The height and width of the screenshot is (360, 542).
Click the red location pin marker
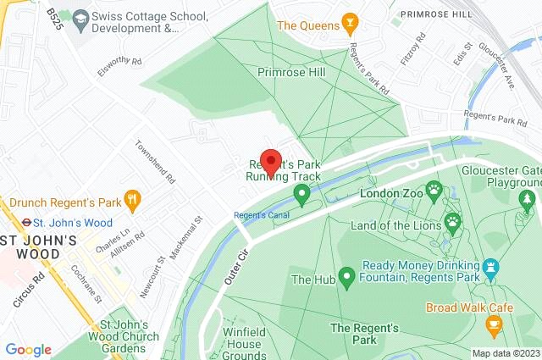(270, 160)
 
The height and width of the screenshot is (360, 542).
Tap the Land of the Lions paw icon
(453, 223)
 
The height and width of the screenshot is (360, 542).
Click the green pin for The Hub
(346, 277)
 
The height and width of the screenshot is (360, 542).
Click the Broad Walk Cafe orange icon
(493, 324)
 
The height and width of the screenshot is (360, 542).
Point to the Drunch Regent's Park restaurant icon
(131, 200)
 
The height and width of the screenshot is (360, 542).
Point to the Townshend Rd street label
(156, 163)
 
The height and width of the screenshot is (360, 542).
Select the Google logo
(28, 350)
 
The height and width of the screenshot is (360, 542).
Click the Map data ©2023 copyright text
(505, 353)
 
